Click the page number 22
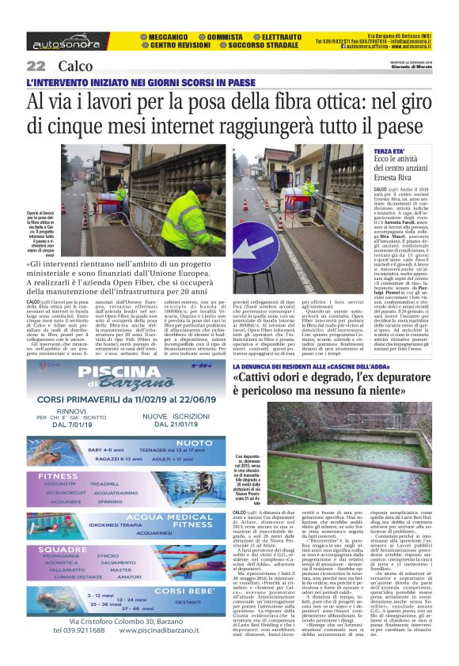click(x=36, y=66)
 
